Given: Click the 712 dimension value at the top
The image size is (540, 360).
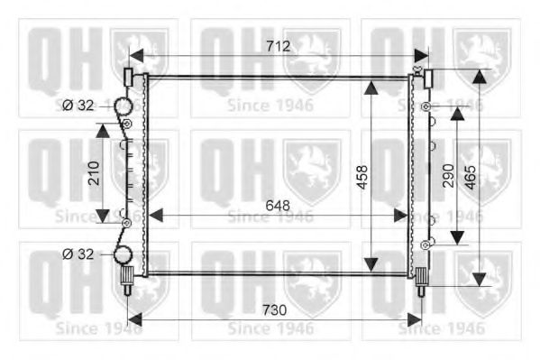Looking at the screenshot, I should (x=277, y=46).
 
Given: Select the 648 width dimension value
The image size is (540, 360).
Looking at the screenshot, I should (x=277, y=206).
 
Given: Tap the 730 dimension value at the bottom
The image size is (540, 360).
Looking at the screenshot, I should (x=274, y=309).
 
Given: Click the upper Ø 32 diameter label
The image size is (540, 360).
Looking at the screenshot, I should (x=79, y=105).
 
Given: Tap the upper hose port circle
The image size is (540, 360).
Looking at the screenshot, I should (x=122, y=108).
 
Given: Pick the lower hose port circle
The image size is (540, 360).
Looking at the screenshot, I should (x=122, y=255).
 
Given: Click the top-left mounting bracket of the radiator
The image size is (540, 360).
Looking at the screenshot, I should (x=129, y=78).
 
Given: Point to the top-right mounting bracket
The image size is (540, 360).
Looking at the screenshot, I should (x=427, y=78).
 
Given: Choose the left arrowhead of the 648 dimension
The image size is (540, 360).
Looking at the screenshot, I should (x=154, y=215).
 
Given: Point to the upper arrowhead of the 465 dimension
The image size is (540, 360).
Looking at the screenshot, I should (x=480, y=76).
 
